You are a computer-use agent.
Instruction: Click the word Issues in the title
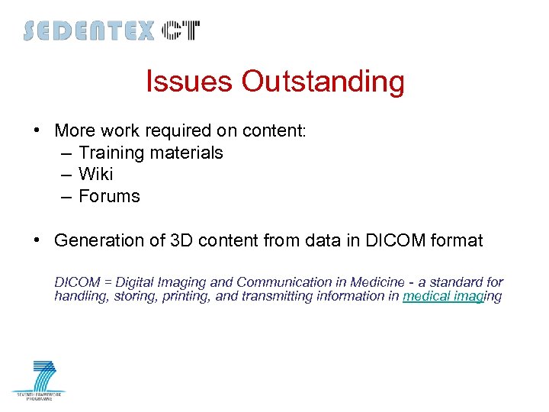[190, 82]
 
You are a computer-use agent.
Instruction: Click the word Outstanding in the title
[323, 82]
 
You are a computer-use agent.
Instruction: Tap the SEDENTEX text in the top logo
[88, 31]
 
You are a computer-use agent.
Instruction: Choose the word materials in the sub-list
[186, 153]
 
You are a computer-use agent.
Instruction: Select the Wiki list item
[95, 174]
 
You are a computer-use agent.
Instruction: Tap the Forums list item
[109, 196]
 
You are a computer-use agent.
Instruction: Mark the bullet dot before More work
[37, 130]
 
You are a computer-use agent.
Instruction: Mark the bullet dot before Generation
[37, 240]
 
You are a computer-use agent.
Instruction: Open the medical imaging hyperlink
[451, 296]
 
